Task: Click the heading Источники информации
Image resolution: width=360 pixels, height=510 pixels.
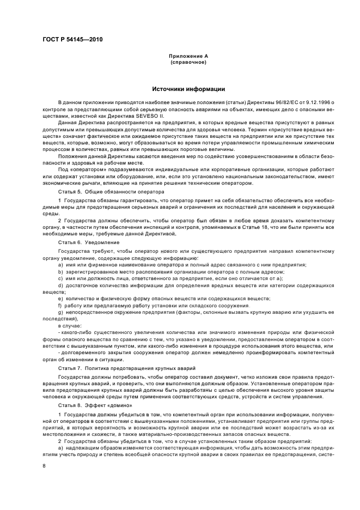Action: coord(188,89)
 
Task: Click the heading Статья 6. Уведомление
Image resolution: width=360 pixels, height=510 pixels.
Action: coord(84,242)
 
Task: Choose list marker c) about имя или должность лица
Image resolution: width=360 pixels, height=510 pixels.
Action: coord(60,278)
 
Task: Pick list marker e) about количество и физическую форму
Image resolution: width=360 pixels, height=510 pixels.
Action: coord(60,298)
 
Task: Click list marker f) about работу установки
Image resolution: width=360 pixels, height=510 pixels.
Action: coord(60,305)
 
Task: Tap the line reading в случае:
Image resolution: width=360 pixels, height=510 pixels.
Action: coord(69,325)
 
